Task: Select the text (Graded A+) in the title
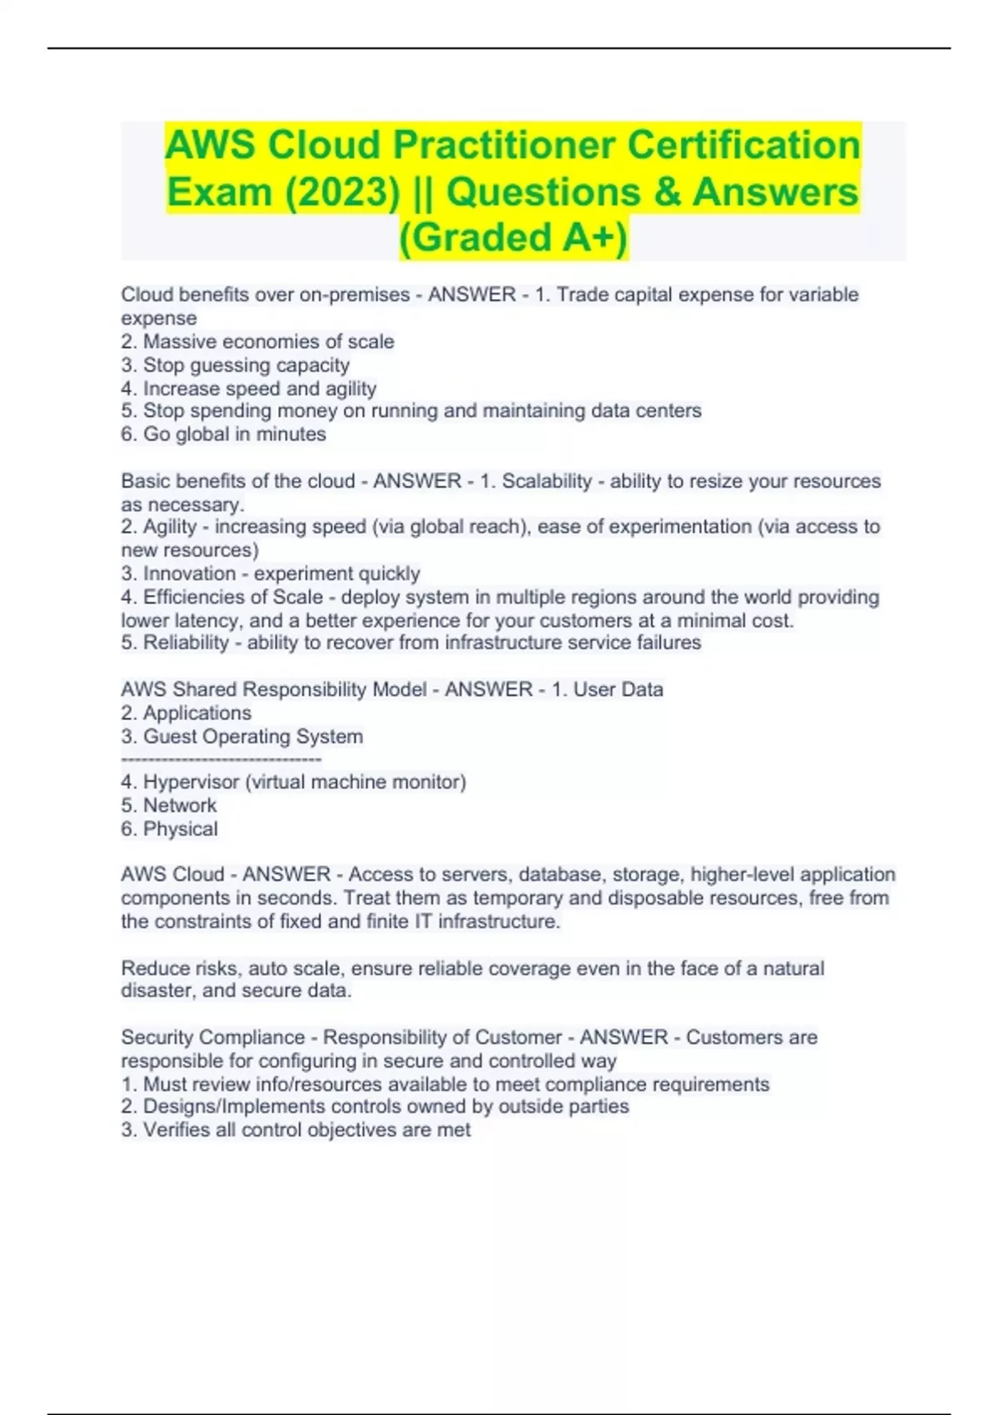pos(514,237)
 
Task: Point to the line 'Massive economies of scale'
pos(268,341)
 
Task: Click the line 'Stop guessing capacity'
pos(246,365)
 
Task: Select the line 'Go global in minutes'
pos(234,434)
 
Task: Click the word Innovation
pos(189,573)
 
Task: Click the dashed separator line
pos(221,759)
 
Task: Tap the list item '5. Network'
pos(169,806)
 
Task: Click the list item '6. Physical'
pos(170,829)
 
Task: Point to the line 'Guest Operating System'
pos(252,737)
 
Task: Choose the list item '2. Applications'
pos(186,713)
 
